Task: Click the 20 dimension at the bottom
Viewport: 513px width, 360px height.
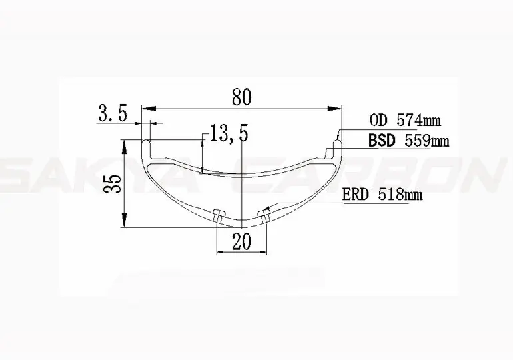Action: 241,241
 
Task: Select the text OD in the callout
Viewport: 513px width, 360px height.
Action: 377,121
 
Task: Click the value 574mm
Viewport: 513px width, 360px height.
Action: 416,121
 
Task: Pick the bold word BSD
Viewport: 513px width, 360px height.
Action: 382,141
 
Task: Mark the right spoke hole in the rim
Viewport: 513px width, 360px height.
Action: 265,215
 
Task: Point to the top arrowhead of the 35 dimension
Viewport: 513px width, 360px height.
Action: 125,143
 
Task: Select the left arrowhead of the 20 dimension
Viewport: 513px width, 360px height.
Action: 221,253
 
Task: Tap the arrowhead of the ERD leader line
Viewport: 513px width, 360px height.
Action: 269,208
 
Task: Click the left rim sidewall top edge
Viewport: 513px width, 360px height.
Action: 145,141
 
